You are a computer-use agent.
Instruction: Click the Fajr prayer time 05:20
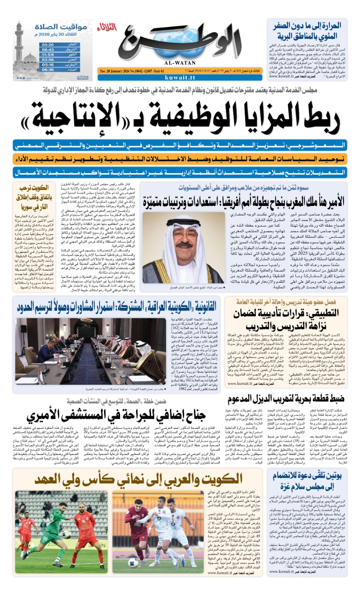pos(48,44)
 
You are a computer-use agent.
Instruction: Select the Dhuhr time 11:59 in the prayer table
pos(48,54)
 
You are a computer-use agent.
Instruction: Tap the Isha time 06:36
pos(48,69)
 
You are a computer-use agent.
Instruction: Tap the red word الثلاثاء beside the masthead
pos(107,27)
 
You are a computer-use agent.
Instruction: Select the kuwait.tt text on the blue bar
pos(179,78)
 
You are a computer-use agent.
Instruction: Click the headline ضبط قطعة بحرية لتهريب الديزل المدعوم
pos(286,399)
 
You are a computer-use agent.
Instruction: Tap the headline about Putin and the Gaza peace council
pos(307,481)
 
